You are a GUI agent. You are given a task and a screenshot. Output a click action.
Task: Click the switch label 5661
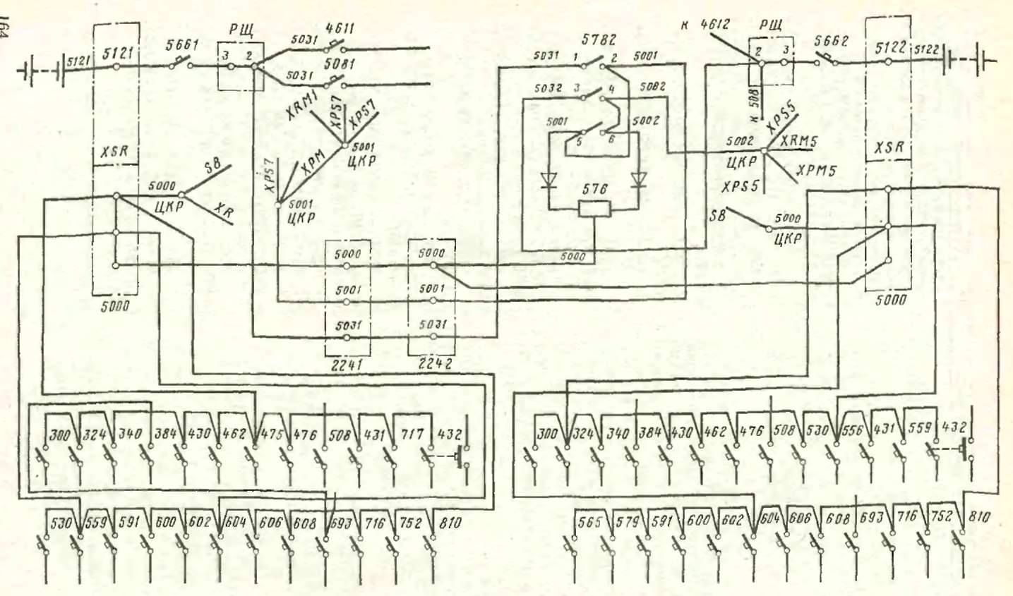[x=181, y=44]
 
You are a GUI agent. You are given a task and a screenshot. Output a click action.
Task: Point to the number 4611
[x=340, y=29]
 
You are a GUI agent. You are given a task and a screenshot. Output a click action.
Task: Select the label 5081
[x=340, y=63]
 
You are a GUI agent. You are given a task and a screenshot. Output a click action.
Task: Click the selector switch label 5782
[x=598, y=40]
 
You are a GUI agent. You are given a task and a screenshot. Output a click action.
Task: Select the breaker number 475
[x=272, y=434]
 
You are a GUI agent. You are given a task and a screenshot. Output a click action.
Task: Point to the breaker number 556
[x=852, y=430]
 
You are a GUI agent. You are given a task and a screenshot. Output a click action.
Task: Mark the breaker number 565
[x=589, y=522]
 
